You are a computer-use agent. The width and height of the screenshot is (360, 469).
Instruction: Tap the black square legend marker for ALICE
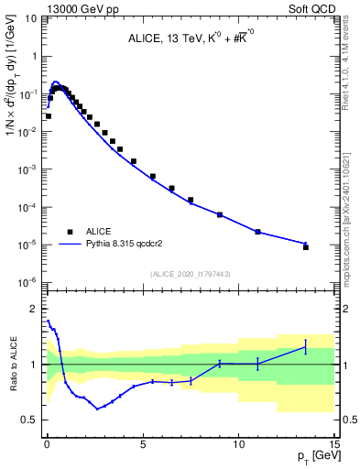coord(70,233)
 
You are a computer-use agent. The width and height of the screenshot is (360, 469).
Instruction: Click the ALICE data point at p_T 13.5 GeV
coord(306,247)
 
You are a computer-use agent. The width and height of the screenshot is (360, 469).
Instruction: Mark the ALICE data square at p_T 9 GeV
coord(220,214)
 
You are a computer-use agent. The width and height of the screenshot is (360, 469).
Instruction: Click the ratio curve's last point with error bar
coord(306,346)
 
